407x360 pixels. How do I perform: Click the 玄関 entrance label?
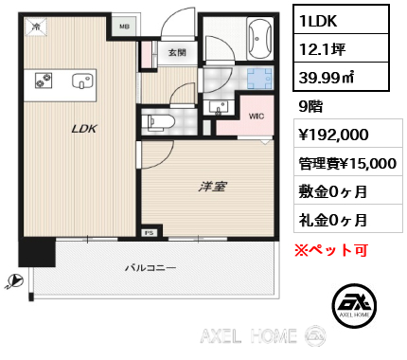coord(177,52)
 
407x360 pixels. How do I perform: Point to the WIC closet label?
coord(256,117)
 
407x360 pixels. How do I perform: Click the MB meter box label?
coord(124,27)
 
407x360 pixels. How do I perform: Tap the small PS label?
coord(149,231)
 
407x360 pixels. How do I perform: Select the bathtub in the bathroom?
coord(258,39)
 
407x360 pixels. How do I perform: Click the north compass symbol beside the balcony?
coord(13,280)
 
